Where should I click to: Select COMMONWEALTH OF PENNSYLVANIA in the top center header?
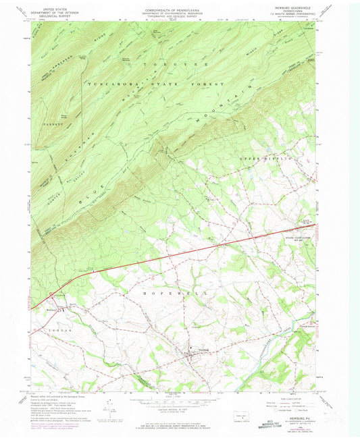click(x=176, y=7)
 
